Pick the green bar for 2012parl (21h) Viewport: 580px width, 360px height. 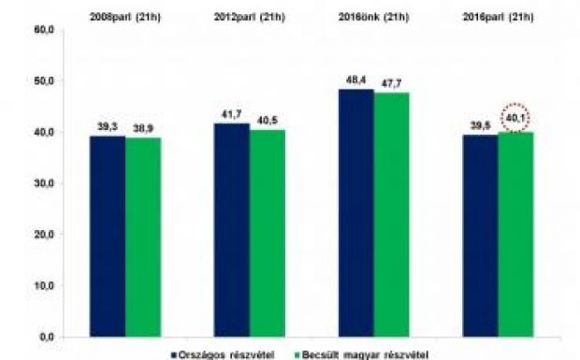[x=267, y=233]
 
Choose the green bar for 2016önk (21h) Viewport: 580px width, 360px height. [x=391, y=214]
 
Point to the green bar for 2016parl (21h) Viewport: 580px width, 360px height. [x=515, y=234]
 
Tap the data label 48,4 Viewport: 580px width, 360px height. [x=355, y=79]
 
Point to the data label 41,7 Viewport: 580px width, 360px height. [x=231, y=113]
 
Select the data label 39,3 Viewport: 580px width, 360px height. [x=107, y=125]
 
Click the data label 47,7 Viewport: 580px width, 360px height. [x=391, y=83]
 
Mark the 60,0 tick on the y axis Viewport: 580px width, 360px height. [x=43, y=30]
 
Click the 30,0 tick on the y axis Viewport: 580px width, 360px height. [x=43, y=183]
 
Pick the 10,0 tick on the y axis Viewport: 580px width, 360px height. [x=43, y=285]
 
